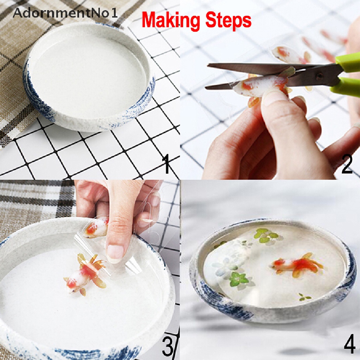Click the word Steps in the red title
click(x=228, y=21)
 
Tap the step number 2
click(x=347, y=164)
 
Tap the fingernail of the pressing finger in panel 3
click(x=115, y=253)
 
